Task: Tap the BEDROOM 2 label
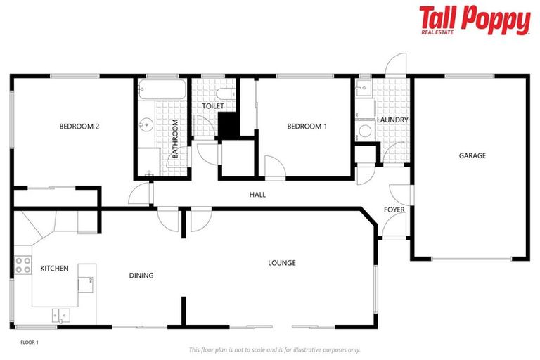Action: (79, 127)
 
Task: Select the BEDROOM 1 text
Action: (307, 127)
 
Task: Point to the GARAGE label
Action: (472, 155)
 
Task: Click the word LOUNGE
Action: (281, 263)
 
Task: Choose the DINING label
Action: (141, 276)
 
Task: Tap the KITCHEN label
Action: (54, 269)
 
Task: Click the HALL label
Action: (257, 195)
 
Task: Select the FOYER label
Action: (394, 210)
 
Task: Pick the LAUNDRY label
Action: (392, 120)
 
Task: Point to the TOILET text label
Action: (213, 106)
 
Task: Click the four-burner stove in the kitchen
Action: (22, 265)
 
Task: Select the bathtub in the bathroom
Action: (162, 89)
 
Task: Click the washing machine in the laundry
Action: (364, 130)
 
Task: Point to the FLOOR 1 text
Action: (29, 342)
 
